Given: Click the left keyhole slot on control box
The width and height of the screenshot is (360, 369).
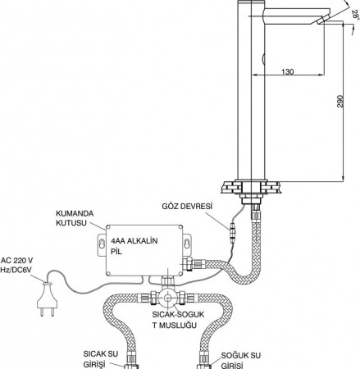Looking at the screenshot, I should (102, 243).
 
